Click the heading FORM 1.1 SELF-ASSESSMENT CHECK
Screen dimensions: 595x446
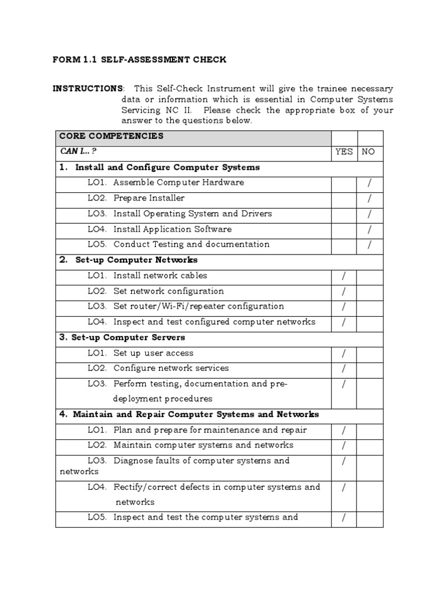click(139, 60)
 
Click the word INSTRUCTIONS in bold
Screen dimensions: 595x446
click(88, 88)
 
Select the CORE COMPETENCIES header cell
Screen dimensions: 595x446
click(110, 137)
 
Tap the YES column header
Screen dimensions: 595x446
click(344, 152)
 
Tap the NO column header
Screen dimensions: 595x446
click(368, 152)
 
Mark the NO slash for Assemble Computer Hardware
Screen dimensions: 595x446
click(369, 183)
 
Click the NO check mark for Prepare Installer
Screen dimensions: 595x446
click(369, 199)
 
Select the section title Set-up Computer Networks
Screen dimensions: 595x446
click(136, 260)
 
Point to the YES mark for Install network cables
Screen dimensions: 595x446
click(344, 277)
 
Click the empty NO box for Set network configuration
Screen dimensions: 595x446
click(369, 292)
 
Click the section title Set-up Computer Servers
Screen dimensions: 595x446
click(128, 338)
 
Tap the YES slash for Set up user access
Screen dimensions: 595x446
click(344, 353)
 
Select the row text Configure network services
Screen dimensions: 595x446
click(171, 368)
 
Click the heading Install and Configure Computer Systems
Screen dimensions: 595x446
click(167, 167)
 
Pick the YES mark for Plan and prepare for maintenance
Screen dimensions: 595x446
click(344, 431)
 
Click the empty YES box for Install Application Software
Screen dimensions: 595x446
click(344, 230)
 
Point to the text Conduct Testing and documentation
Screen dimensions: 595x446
click(191, 245)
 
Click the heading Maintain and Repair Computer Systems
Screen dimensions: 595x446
click(196, 415)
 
